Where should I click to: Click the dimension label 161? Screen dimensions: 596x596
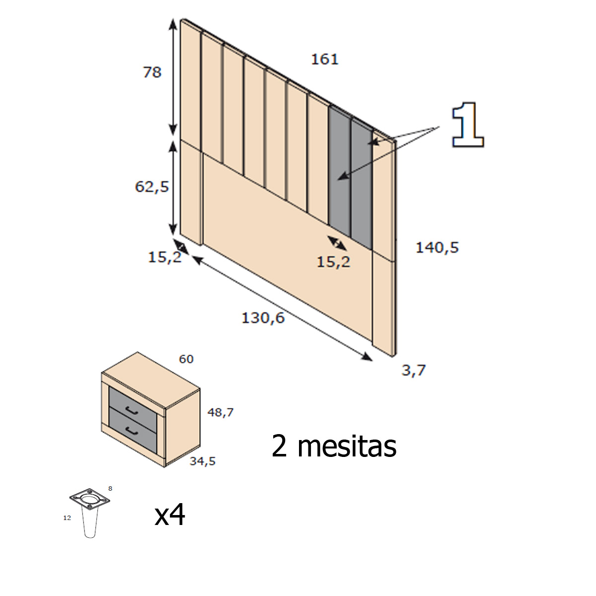(324, 60)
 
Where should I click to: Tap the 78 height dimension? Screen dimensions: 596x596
(152, 73)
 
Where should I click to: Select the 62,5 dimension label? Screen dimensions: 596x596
(152, 187)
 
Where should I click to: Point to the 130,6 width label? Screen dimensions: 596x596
(263, 318)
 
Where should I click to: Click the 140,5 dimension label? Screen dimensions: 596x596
(437, 247)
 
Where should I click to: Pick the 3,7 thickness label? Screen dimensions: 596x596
(414, 370)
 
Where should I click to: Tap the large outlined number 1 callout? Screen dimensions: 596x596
(467, 125)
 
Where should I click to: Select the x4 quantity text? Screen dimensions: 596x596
(170, 515)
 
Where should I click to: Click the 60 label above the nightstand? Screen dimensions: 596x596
(186, 359)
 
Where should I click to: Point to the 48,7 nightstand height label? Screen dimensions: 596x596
(221, 412)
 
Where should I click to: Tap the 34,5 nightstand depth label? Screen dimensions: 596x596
(203, 461)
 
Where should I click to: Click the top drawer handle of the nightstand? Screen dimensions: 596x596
(132, 410)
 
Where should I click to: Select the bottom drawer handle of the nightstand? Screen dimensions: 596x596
(132, 430)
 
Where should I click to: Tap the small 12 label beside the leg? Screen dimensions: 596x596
(67, 518)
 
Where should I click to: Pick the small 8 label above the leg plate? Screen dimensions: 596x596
(110, 489)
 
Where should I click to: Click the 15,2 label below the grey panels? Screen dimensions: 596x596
(333, 262)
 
